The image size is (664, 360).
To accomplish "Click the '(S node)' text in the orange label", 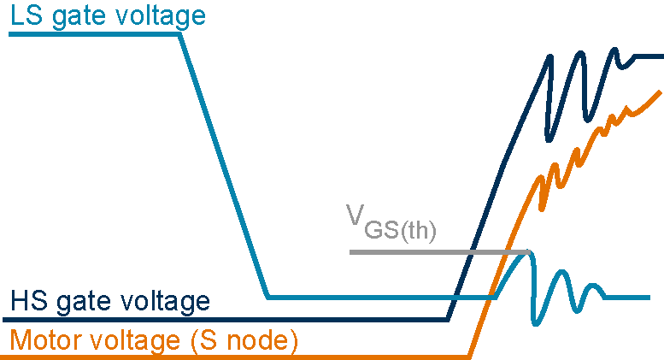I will pos(243,341).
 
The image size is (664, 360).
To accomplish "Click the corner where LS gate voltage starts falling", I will pos(180,35).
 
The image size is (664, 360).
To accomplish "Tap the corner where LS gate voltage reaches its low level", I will pos(268,298).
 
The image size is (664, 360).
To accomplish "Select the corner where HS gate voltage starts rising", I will pos(448,320).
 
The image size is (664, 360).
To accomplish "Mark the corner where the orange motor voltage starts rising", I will pos(469,355).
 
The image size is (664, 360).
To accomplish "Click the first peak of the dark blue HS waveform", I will pos(549,56).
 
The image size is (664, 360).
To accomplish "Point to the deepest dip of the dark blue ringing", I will pos(551,137).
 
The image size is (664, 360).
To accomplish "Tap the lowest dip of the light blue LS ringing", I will pos(536,323).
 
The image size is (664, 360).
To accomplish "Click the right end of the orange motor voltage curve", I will pos(660,91).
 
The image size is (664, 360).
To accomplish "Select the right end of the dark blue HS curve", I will pos(661,57).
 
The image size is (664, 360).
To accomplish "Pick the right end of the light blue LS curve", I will pos(651,298).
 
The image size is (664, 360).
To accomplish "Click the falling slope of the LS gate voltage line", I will pos(224,167).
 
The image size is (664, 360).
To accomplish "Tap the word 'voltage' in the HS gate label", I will pos(162,302).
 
